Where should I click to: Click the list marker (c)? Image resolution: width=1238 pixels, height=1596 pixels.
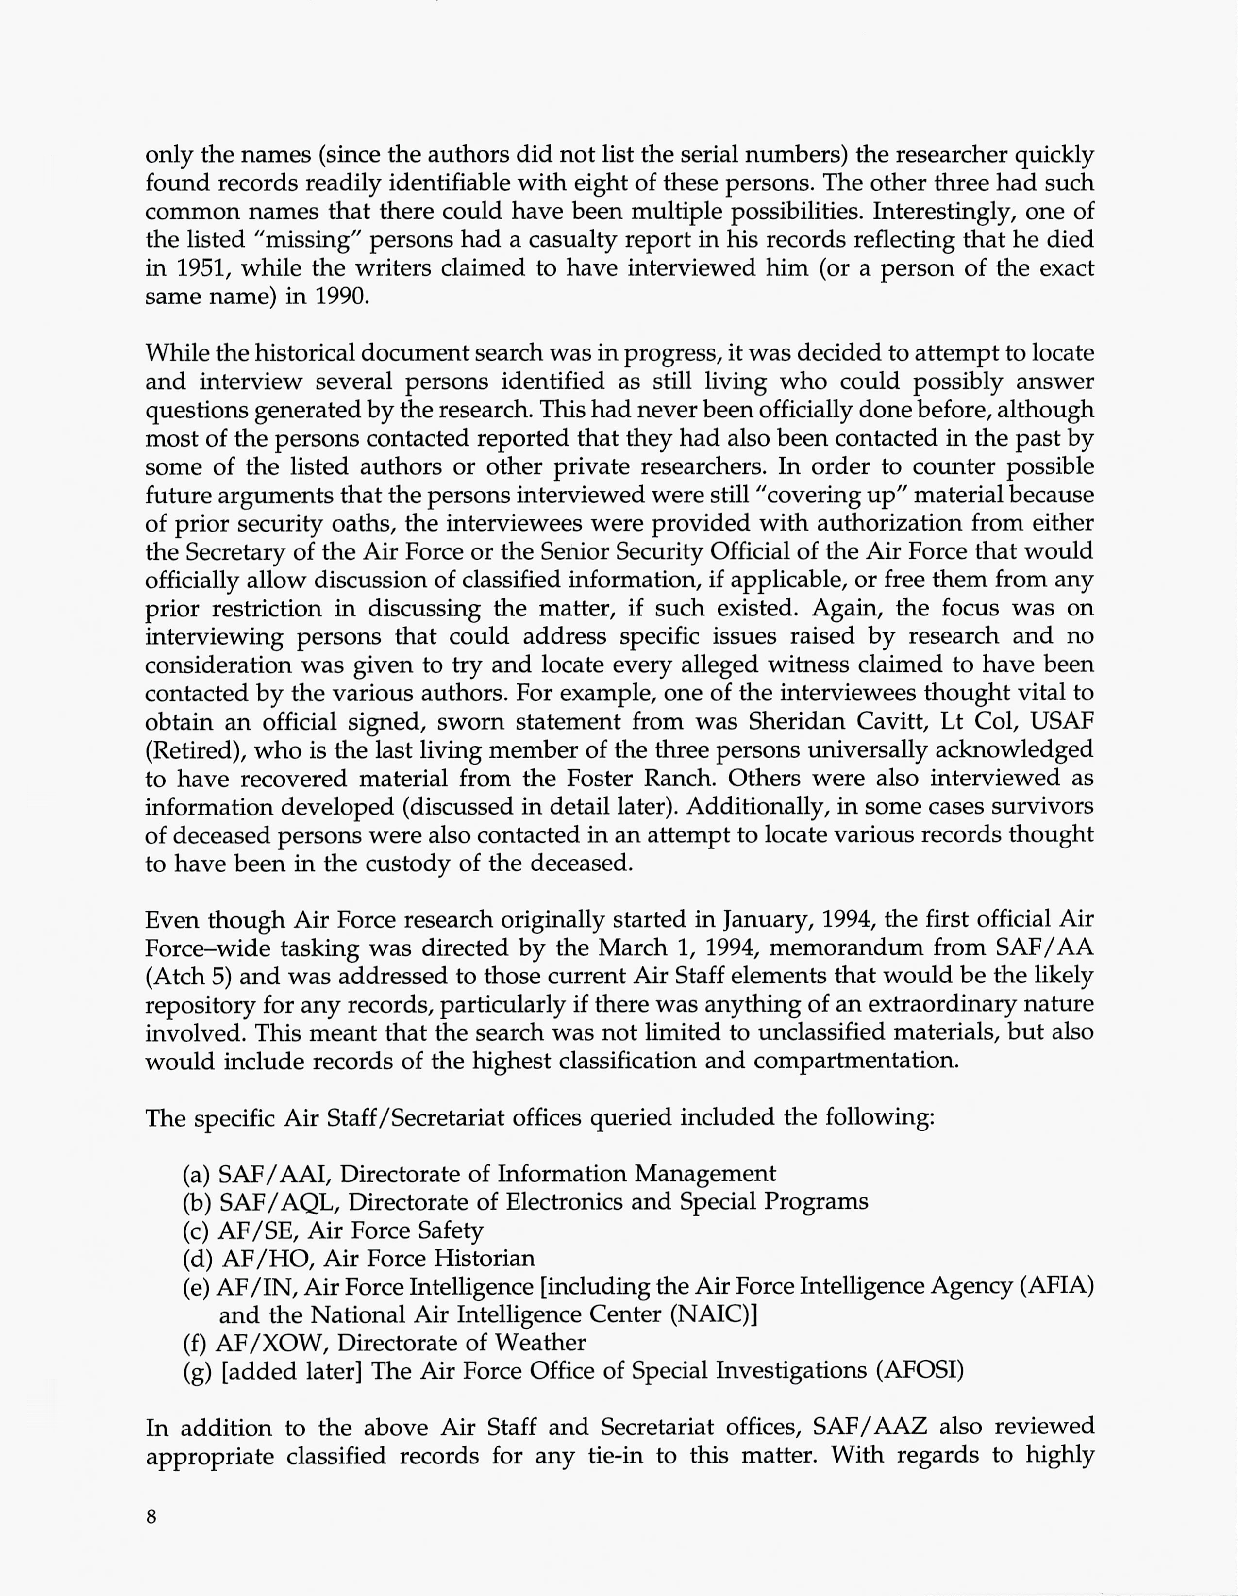point(195,1230)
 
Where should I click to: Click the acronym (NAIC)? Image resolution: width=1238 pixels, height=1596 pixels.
point(713,1314)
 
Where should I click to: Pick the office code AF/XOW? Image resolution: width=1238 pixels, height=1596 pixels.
point(270,1343)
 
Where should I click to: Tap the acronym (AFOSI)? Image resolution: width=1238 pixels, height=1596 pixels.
point(920,1370)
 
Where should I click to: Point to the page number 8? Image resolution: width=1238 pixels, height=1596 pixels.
point(151,1517)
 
